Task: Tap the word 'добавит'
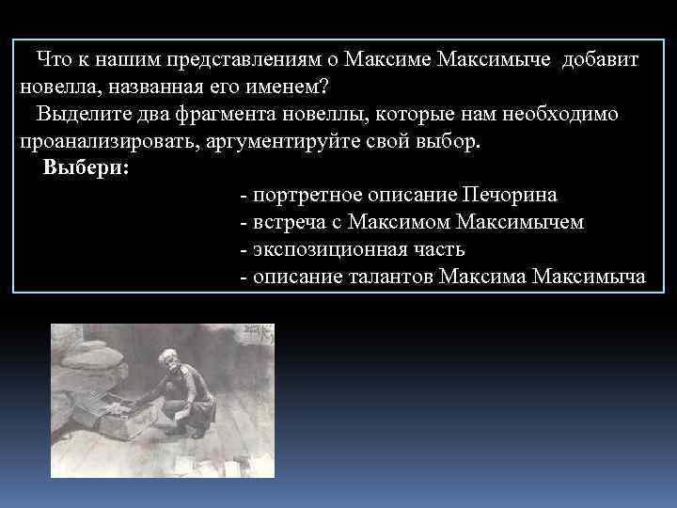coord(600,60)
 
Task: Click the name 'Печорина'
coord(510,196)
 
